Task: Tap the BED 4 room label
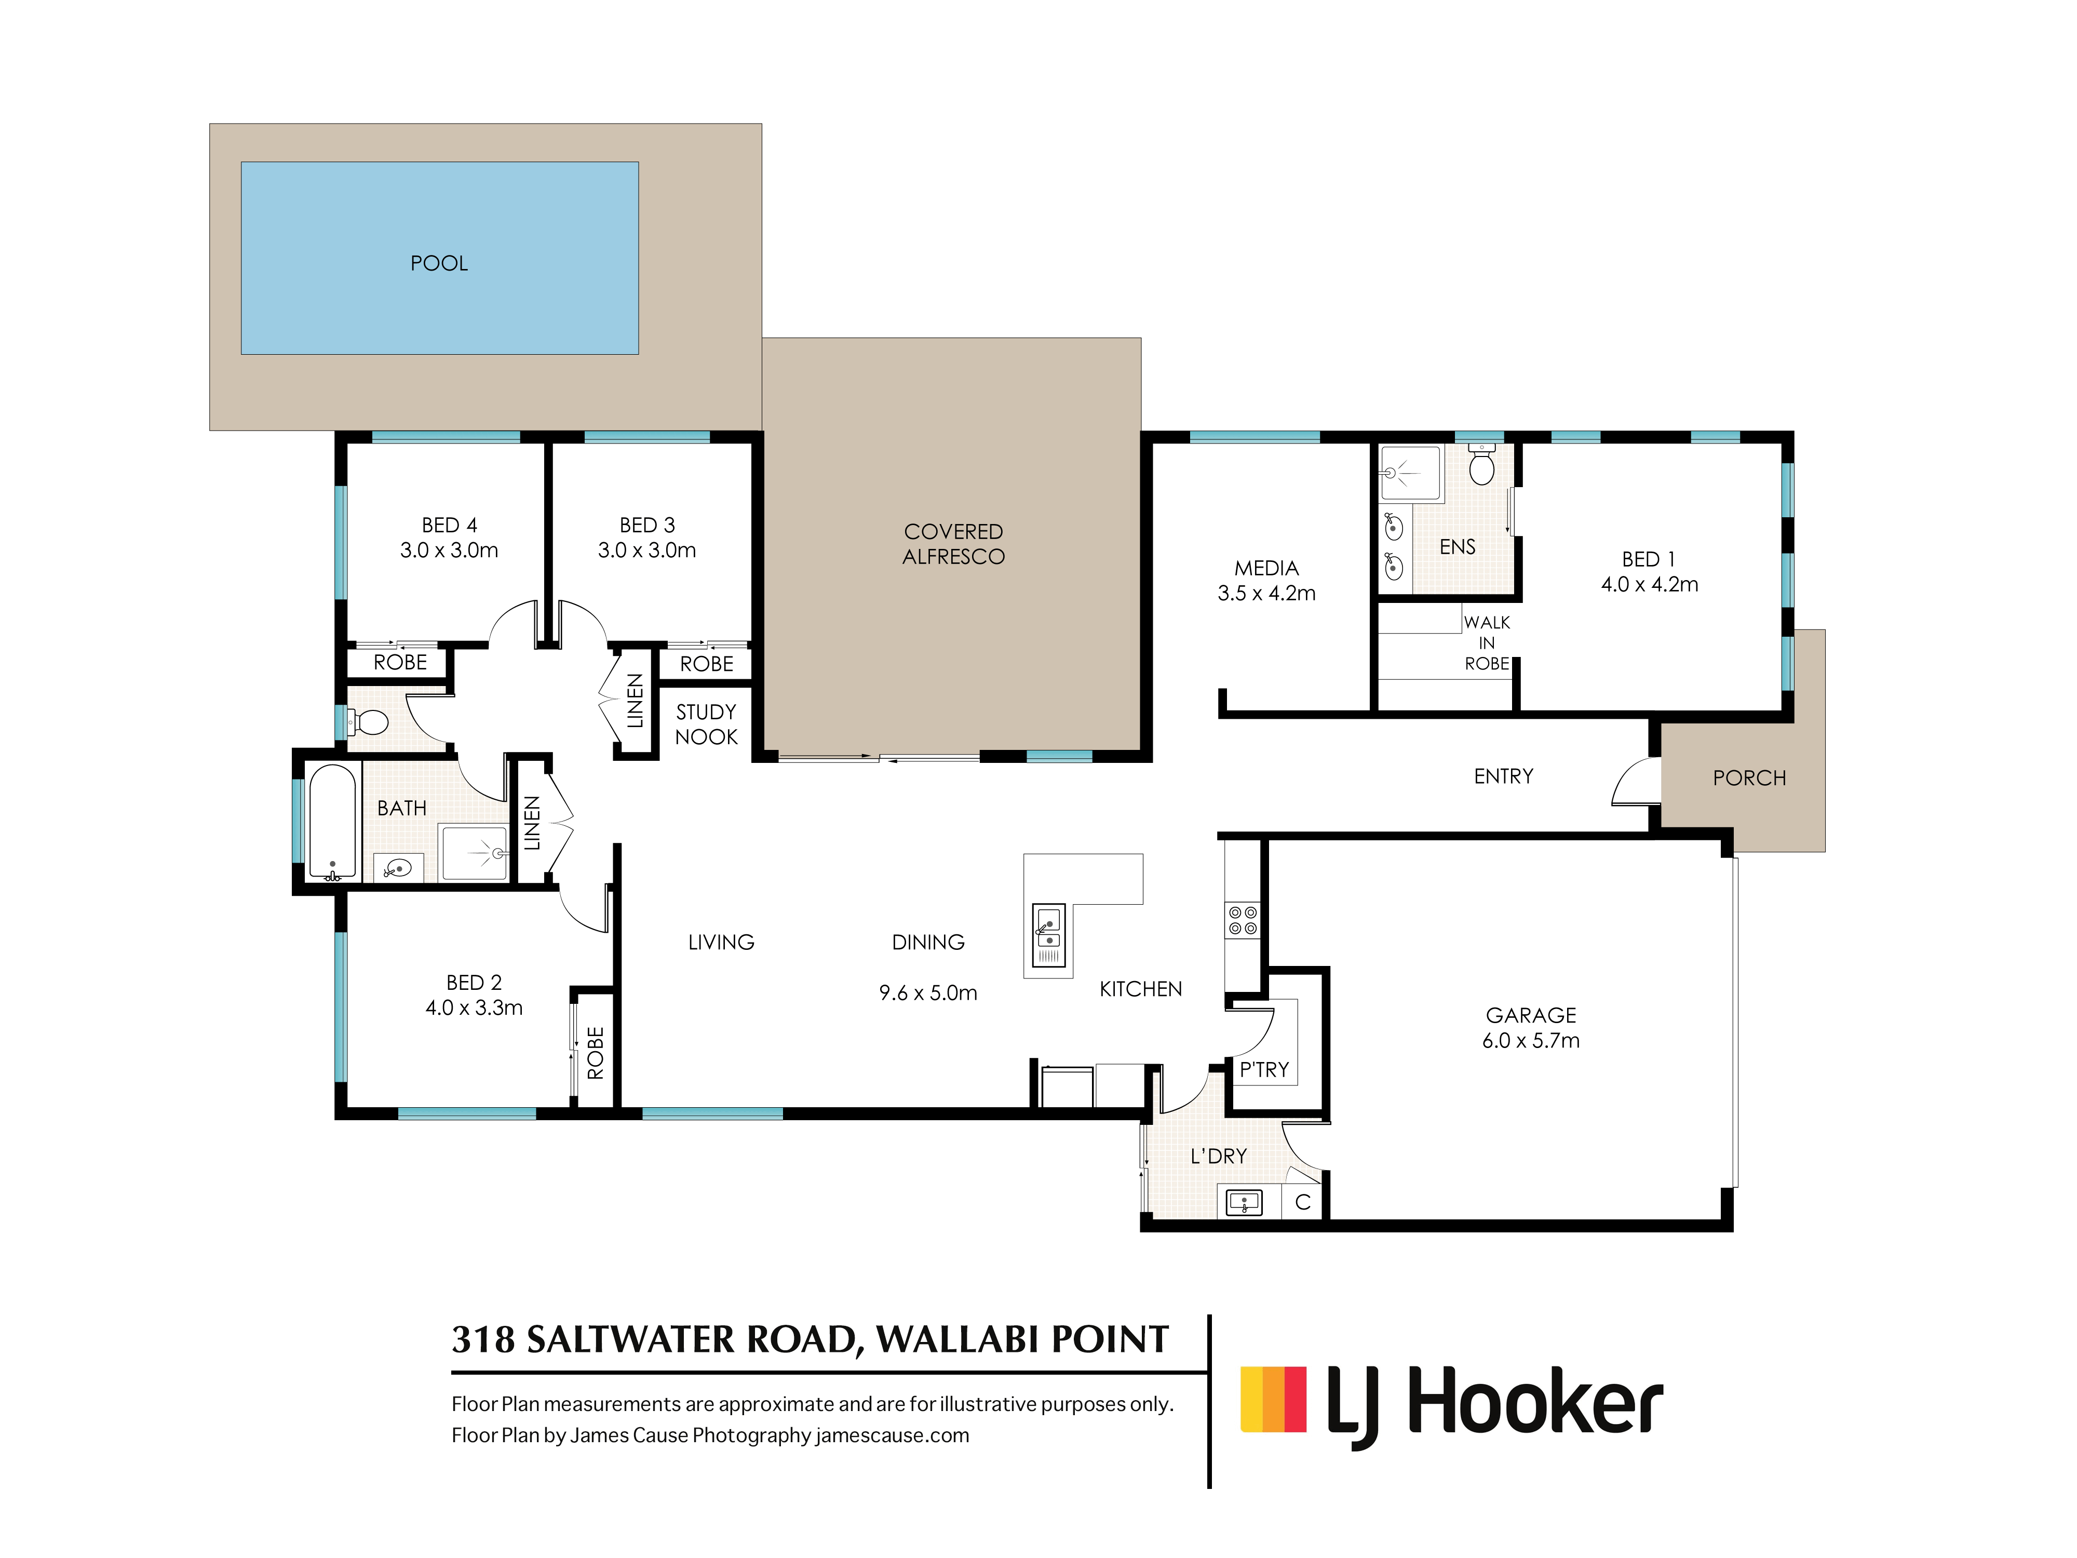[449, 525]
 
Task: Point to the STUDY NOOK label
[706, 724]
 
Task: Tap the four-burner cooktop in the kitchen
[1242, 920]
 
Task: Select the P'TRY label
[1264, 1070]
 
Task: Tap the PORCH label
[1748, 777]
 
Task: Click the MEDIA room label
[1266, 568]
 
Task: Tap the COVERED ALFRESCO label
[953, 544]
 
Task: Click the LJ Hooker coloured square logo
[1273, 1399]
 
